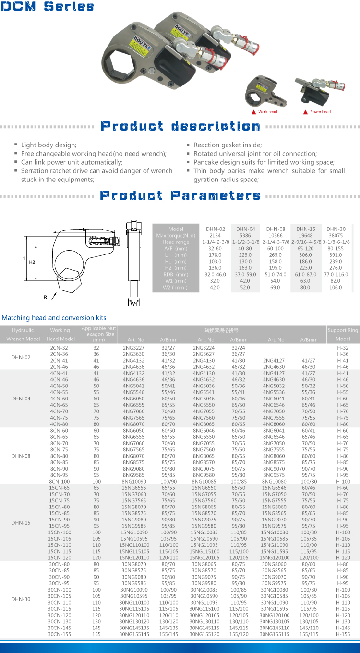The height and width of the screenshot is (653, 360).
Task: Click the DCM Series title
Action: [x=48, y=7]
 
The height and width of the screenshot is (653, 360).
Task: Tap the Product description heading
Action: [x=180, y=126]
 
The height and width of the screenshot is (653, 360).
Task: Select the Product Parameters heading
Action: [x=180, y=195]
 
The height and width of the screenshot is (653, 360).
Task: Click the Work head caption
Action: [x=267, y=112]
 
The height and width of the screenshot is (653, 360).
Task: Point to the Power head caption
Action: [x=320, y=112]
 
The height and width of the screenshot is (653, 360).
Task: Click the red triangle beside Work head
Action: [x=253, y=112]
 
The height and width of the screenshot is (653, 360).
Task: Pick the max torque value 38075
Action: [x=336, y=236]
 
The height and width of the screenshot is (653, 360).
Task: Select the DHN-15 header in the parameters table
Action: [x=306, y=229]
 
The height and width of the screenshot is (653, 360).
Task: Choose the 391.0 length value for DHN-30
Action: [x=336, y=255]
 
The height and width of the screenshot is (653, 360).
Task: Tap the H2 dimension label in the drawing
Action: [x=32, y=263]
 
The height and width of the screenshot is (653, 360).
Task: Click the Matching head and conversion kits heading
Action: [x=54, y=317]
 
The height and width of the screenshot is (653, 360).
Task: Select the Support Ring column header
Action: [x=343, y=330]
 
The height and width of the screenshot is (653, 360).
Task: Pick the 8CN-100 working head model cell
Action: [x=60, y=481]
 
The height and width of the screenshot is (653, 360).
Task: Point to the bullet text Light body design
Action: [x=48, y=145]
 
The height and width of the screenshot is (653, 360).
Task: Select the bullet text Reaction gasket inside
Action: [x=228, y=145]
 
